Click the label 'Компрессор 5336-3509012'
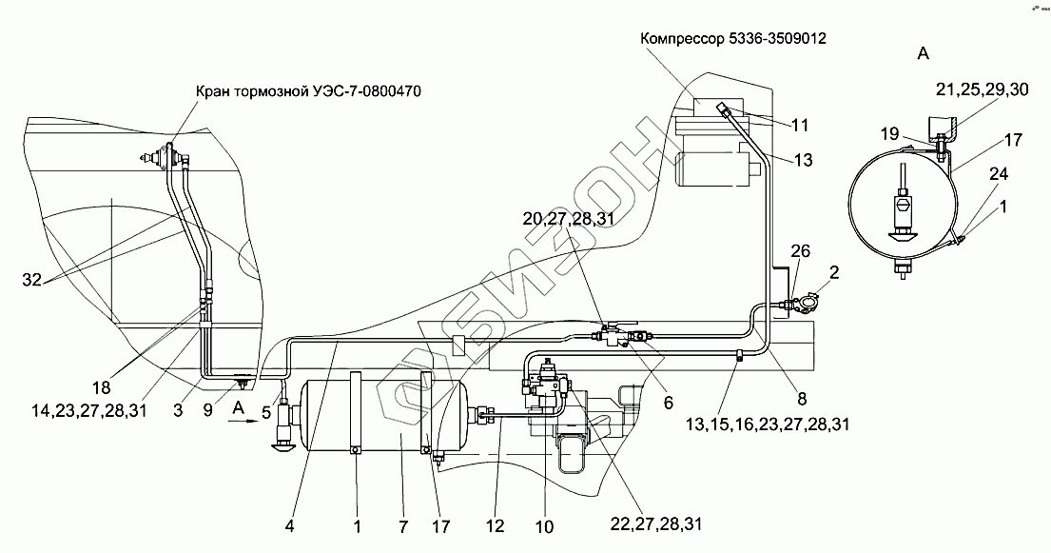pos(733,40)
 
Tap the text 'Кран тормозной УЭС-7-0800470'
pos(308,91)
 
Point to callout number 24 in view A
pos(997,174)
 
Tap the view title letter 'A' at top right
pos(922,54)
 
